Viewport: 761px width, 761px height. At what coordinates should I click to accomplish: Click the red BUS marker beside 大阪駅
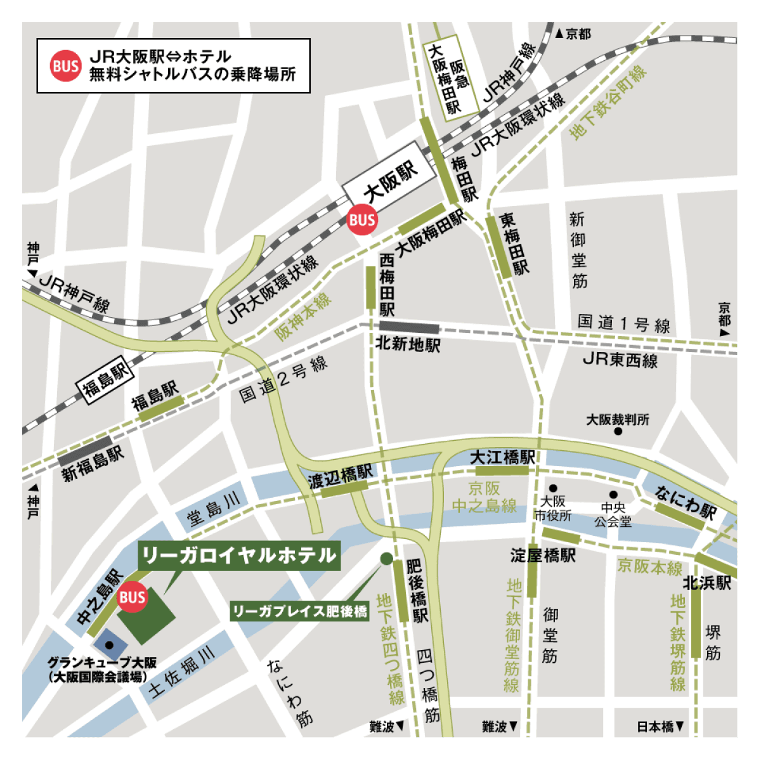(x=362, y=220)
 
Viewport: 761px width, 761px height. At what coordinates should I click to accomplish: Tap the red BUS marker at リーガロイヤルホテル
(x=132, y=597)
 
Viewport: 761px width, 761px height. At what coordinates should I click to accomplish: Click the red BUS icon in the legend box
(x=66, y=66)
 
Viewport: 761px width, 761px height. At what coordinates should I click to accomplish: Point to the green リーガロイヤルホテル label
(x=238, y=556)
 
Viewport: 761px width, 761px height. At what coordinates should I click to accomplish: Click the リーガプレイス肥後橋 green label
(x=299, y=611)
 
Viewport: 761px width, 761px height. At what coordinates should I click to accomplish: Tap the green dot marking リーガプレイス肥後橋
(x=386, y=559)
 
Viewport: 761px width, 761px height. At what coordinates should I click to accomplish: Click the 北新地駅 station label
(x=407, y=344)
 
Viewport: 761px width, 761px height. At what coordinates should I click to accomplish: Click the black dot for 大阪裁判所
(x=618, y=431)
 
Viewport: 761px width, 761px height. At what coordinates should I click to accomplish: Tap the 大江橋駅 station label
(x=502, y=457)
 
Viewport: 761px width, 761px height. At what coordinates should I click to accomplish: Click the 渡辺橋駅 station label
(x=341, y=475)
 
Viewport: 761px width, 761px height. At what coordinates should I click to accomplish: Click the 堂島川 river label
(x=214, y=508)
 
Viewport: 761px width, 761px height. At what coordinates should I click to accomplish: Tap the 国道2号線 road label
(x=283, y=379)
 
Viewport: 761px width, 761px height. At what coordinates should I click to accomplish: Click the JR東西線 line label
(x=620, y=360)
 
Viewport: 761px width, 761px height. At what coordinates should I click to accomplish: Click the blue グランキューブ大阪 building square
(x=109, y=644)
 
